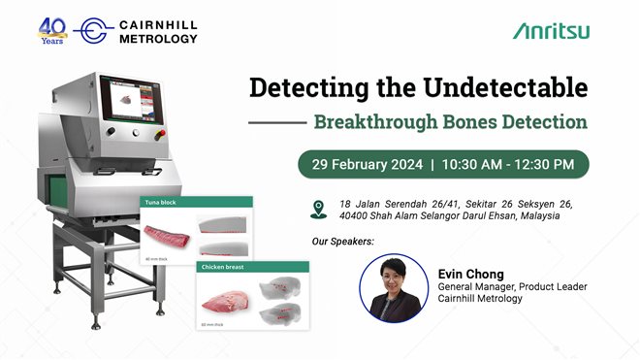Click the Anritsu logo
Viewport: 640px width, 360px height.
pyautogui.click(x=551, y=31)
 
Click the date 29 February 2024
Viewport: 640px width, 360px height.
pyautogui.click(x=363, y=164)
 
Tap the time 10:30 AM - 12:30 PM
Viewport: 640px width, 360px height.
pyautogui.click(x=507, y=164)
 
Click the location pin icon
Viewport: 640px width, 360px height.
pyautogui.click(x=319, y=208)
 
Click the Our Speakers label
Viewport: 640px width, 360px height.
pyautogui.click(x=342, y=240)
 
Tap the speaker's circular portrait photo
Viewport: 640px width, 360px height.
pyautogui.click(x=394, y=288)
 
